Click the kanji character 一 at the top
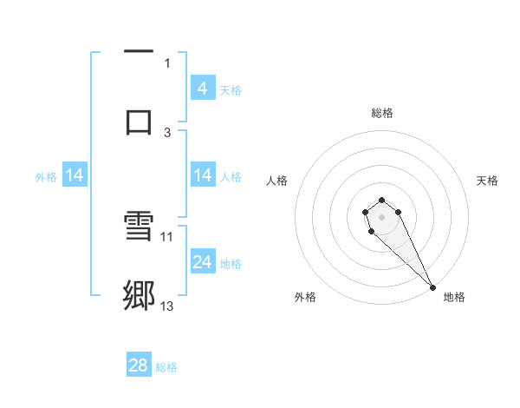coord(139,52)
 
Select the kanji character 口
coord(139,119)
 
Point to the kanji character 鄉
coord(139,295)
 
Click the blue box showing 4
coord(202,89)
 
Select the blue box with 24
coord(202,262)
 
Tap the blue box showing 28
coord(139,365)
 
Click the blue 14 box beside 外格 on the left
coord(75,176)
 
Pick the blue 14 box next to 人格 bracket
coord(202,176)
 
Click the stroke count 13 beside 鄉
coord(167,306)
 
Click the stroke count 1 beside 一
coord(167,62)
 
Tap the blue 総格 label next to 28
coord(166,367)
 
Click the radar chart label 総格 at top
coord(382,113)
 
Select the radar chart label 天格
coord(487,181)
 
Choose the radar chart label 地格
coord(454,297)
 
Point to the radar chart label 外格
coord(305,297)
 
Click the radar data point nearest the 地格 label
coord(432,286)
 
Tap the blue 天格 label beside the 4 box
coord(231,89)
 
